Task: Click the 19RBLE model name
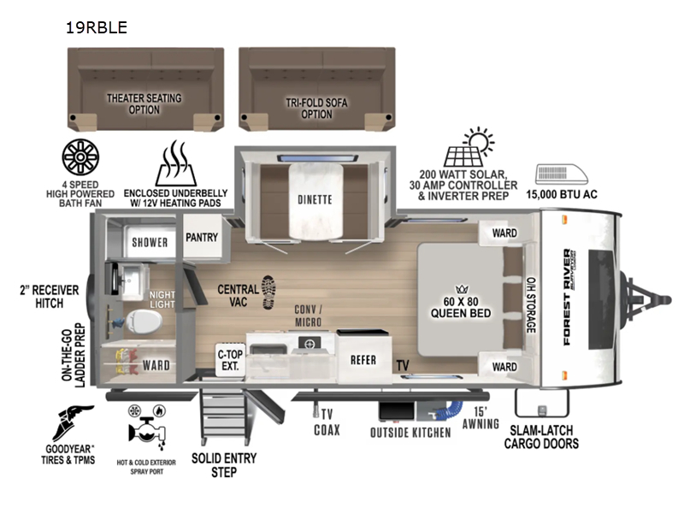(x=97, y=27)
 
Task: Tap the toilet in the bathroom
(x=144, y=322)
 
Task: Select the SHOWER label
(x=150, y=242)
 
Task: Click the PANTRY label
(x=202, y=238)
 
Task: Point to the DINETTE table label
(x=315, y=200)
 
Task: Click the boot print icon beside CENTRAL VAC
(x=268, y=292)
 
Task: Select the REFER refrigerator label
(x=363, y=360)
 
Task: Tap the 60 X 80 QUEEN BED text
(x=461, y=308)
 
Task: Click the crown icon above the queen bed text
(x=462, y=289)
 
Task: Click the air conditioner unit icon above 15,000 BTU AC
(x=562, y=174)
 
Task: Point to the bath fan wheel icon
(x=80, y=157)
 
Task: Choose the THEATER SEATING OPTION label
(x=144, y=103)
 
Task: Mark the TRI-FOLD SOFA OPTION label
(x=316, y=109)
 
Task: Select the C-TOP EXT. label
(x=230, y=360)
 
